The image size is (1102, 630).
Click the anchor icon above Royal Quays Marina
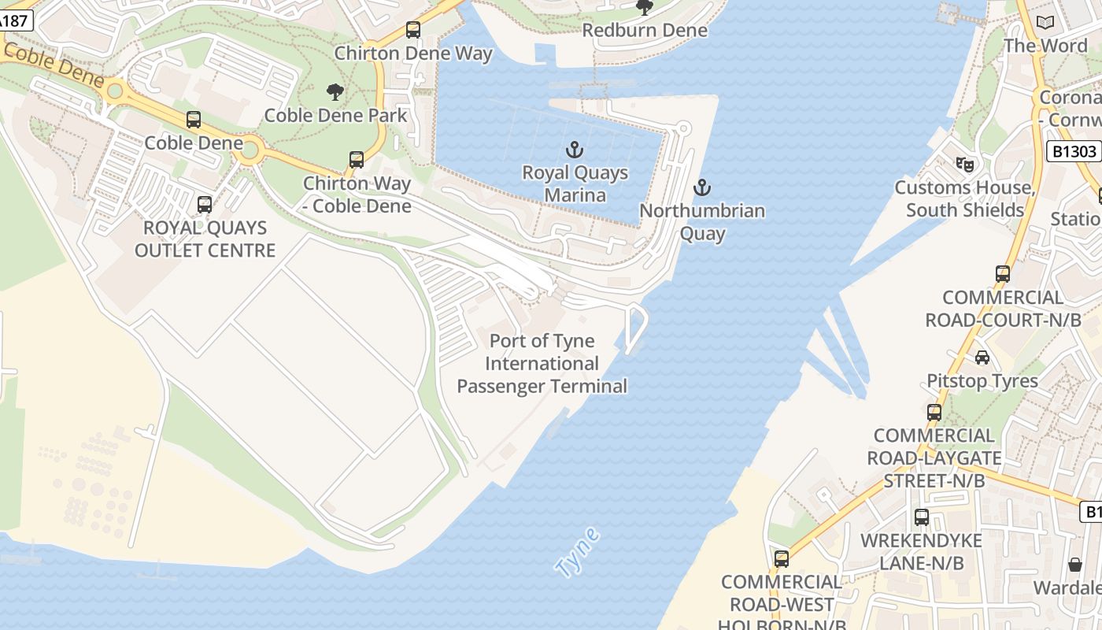(575, 149)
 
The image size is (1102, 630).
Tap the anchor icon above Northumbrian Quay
(701, 187)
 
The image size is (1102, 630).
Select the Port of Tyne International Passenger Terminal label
(542, 364)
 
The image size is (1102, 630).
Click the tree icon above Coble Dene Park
(335, 92)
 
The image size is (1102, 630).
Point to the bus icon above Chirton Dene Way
(413, 30)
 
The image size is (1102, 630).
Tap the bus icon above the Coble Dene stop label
(194, 120)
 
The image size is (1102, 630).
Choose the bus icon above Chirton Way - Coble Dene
(357, 160)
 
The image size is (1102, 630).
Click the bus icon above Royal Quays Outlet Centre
(205, 205)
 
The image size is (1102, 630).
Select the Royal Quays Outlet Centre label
(205, 239)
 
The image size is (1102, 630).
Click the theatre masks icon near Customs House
(964, 164)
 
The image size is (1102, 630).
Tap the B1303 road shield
(1073, 151)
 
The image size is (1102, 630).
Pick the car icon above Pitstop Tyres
(982, 358)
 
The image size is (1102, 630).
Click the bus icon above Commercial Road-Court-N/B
(1003, 274)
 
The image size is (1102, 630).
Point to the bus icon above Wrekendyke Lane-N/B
(922, 517)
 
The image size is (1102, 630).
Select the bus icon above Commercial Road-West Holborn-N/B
(782, 559)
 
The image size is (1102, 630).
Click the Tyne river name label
(577, 553)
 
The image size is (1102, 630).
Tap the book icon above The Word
(1045, 23)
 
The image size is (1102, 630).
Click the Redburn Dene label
(645, 30)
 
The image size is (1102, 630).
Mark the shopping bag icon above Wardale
(1075, 565)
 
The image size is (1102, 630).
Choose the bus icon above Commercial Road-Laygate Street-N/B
(934, 412)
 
